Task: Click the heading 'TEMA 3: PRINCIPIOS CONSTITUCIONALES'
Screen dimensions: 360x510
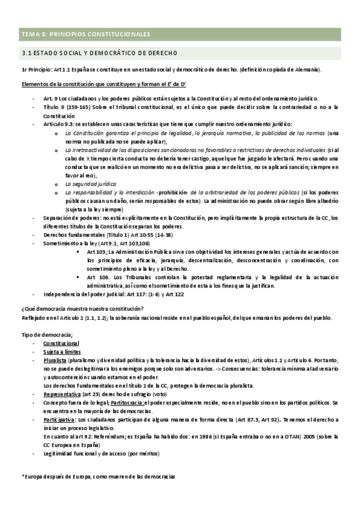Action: [85, 34]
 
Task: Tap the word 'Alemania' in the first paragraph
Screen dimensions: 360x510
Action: [307, 70]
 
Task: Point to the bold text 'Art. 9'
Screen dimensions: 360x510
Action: [50, 99]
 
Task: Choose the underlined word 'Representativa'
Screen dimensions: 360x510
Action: [63, 393]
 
